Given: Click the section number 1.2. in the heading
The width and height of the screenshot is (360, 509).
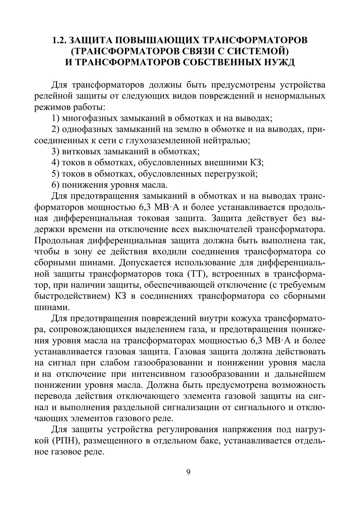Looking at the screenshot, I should [x=59, y=40].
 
